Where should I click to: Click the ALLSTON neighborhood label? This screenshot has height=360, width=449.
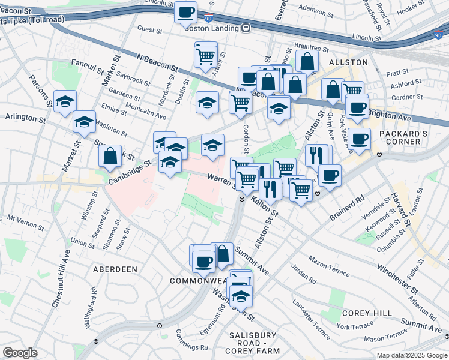point(348,62)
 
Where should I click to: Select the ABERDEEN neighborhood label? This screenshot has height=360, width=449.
point(115,269)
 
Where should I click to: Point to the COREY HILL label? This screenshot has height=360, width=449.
point(367,313)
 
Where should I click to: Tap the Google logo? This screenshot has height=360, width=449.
point(20,353)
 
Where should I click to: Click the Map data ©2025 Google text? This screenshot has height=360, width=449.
point(411,355)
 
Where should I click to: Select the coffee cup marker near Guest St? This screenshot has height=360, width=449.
point(186,11)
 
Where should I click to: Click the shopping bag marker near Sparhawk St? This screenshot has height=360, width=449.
point(110,157)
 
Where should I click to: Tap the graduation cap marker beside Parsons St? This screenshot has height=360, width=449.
point(65,101)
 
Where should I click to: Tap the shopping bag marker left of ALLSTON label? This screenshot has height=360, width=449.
point(307,61)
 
